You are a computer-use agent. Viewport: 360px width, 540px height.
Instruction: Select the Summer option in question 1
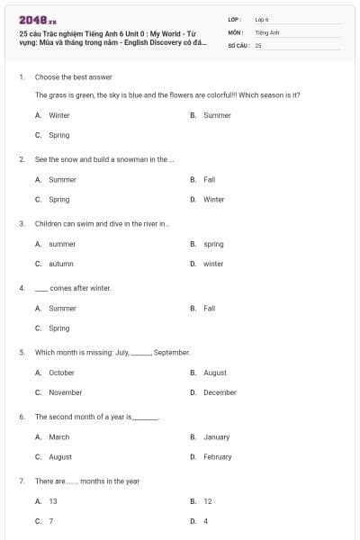click(217, 115)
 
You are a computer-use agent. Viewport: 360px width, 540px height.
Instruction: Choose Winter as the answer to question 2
click(213, 200)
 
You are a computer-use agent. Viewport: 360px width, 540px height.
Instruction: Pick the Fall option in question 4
click(209, 308)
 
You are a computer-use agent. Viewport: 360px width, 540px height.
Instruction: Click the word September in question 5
click(171, 352)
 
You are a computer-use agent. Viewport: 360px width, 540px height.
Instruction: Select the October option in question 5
click(61, 373)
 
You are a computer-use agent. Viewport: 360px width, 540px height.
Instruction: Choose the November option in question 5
click(65, 392)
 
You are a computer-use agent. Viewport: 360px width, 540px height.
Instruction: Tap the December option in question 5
click(220, 392)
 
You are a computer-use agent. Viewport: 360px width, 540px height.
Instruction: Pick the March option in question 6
click(58, 437)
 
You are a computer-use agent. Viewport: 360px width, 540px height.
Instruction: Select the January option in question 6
click(216, 437)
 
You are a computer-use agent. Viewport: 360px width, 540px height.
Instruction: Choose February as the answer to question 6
click(217, 457)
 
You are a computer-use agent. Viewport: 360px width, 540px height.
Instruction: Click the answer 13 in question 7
click(52, 501)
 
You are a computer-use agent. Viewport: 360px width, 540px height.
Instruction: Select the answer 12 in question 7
click(208, 501)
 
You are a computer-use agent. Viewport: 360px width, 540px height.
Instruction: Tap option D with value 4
click(205, 521)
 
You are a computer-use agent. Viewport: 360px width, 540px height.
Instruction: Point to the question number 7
click(21, 481)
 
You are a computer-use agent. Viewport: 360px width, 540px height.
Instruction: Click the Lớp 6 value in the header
click(262, 19)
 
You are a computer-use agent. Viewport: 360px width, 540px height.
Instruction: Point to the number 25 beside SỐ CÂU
click(258, 44)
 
